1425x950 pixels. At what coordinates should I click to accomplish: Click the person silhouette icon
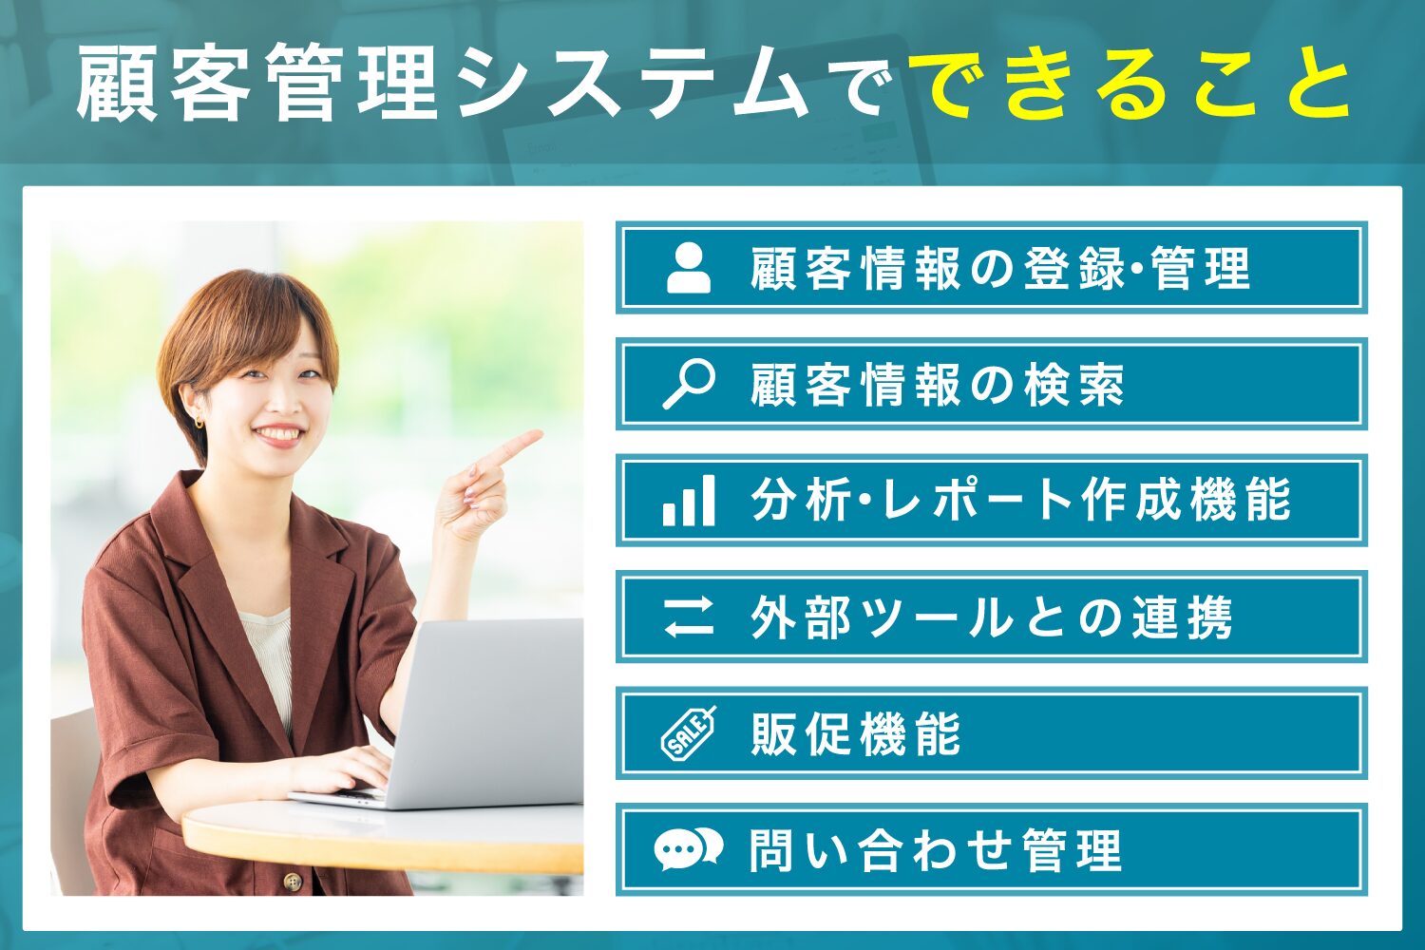[x=689, y=268]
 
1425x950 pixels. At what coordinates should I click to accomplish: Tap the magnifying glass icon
[x=689, y=384]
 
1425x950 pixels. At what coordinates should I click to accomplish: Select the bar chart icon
[x=689, y=501]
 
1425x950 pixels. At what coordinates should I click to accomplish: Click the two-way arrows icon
[x=689, y=617]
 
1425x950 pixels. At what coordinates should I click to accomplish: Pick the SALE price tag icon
[x=689, y=733]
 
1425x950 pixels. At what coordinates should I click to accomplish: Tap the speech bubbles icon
[x=689, y=849]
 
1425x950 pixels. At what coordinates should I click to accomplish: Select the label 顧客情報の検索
[x=937, y=385]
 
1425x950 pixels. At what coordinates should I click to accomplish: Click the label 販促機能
[x=855, y=733]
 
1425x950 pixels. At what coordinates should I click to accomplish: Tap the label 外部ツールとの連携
[x=991, y=617]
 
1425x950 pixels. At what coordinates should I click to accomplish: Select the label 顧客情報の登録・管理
[x=999, y=268]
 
